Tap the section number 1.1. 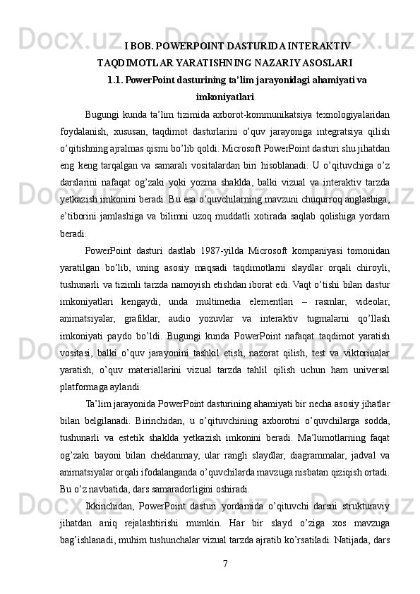115,80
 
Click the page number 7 224,563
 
